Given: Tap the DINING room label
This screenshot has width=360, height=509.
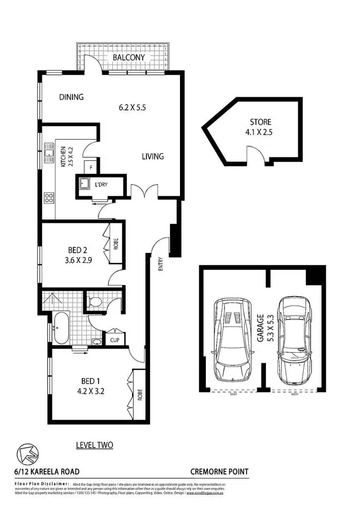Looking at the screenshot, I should pos(72,97).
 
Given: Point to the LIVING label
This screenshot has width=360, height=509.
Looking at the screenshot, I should pos(153,156).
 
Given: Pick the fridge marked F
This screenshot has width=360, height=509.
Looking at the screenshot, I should pos(90,167).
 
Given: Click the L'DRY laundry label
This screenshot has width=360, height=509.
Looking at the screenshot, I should pos(101,184).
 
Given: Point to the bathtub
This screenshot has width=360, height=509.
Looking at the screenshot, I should pos(61,329).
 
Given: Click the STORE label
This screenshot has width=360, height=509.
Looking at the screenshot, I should pos(260,122).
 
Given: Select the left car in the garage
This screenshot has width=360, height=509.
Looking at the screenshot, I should pos(233,338).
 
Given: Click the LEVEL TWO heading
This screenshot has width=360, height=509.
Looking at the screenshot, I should pos(95,445).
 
